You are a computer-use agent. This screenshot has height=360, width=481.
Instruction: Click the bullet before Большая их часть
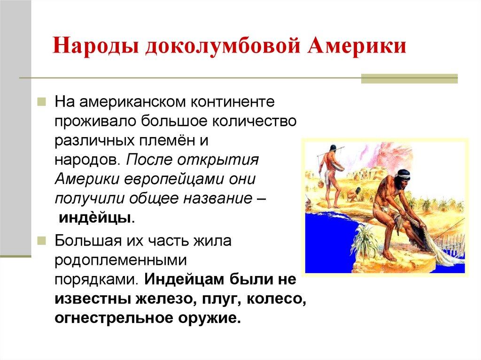click(x=42, y=241)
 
